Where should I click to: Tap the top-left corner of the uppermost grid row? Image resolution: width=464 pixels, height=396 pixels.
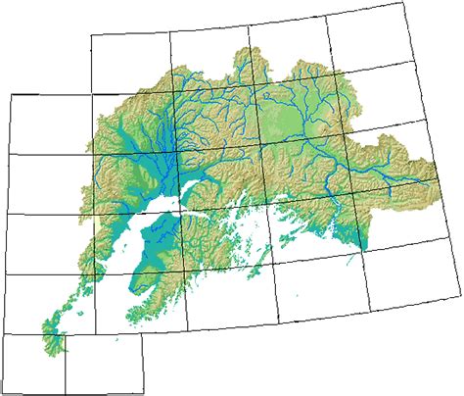tap(90, 36)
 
